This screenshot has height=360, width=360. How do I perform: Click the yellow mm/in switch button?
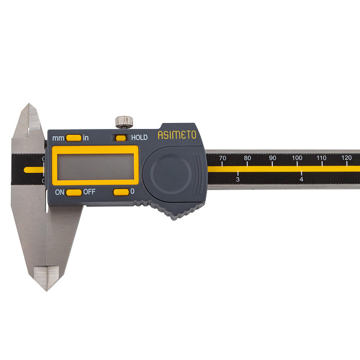[73, 138]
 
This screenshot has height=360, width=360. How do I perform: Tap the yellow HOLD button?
[121, 138]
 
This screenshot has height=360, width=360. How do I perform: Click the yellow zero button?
[121, 192]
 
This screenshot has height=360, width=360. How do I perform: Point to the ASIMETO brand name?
[177, 135]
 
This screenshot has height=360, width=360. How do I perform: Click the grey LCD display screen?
[95, 166]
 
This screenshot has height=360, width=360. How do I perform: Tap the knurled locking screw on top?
[124, 122]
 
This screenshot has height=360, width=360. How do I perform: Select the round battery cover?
[171, 173]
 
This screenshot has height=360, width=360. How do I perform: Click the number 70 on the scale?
[222, 158]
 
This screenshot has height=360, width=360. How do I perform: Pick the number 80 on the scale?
[247, 158]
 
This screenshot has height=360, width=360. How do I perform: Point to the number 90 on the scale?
[272, 158]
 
